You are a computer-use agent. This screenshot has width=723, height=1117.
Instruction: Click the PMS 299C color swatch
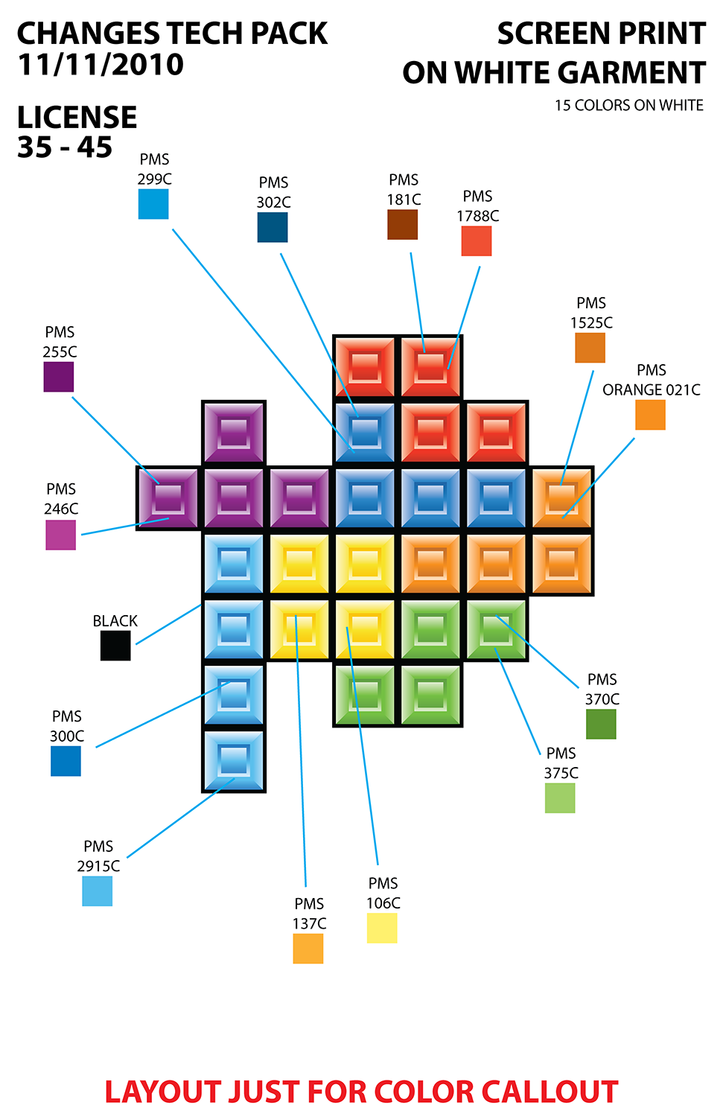point(153,204)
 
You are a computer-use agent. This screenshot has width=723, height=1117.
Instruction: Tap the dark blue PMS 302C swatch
point(273,227)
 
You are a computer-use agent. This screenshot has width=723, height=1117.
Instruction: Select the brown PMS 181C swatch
point(402,225)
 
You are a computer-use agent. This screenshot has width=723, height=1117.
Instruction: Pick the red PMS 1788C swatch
point(477,241)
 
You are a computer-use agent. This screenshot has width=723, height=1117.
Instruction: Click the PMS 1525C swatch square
point(590,348)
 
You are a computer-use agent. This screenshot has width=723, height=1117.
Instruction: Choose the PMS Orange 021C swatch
point(650,415)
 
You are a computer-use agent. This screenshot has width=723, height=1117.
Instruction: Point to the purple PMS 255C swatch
point(59,377)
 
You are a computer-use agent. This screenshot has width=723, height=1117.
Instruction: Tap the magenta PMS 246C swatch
point(61,535)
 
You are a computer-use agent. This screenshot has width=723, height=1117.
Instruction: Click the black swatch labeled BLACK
point(115,646)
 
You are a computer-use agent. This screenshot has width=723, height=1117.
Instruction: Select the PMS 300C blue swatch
point(66,761)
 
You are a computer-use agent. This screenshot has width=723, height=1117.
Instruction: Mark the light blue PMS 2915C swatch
point(98,891)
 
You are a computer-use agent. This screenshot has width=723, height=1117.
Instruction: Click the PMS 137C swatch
point(308,949)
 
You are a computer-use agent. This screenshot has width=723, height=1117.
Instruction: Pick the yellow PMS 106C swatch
point(382,929)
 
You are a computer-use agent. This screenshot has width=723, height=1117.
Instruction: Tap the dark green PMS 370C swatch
point(601,724)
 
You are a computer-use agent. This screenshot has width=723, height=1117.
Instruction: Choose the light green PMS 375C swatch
point(560,798)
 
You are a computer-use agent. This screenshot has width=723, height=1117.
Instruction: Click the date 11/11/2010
point(101,66)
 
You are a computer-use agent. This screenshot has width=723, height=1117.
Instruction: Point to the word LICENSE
point(77,118)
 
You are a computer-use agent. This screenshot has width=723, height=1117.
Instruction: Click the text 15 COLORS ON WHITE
point(628,106)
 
